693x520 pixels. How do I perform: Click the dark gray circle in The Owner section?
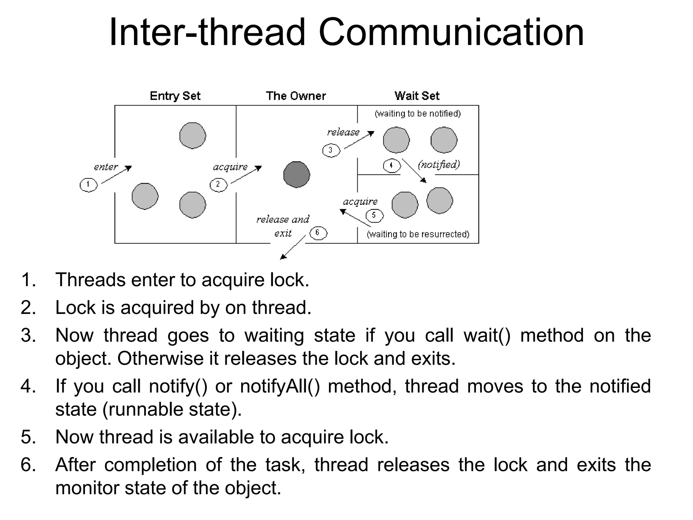coord(296,175)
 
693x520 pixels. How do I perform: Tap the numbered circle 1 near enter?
coord(89,185)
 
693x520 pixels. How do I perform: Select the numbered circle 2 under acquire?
coord(219,185)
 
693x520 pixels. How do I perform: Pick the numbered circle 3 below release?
coord(331,150)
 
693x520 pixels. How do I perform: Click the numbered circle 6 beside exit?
coord(318,233)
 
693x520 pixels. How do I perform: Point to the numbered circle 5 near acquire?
coord(374,216)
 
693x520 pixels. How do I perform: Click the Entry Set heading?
coord(175,96)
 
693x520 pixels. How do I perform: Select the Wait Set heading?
coord(417,96)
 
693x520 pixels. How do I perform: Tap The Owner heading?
coord(296,96)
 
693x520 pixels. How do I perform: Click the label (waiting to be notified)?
coord(418,114)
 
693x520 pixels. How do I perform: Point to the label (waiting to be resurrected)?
coord(418,234)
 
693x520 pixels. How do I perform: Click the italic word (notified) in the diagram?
coord(439,165)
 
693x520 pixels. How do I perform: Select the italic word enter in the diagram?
coord(106,167)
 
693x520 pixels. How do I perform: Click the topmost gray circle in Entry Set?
coord(193,136)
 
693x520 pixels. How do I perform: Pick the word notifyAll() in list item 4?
coord(280,386)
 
